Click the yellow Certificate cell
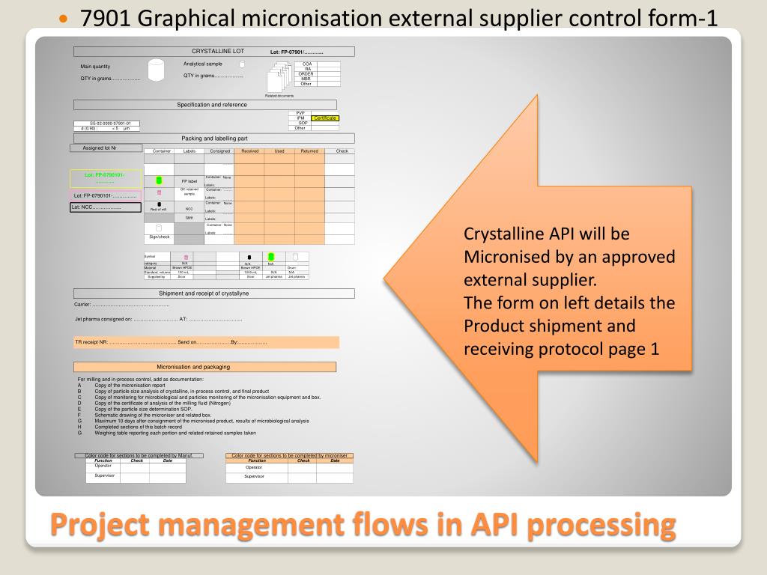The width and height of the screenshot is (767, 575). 325,118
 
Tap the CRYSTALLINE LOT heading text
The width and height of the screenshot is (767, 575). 217,52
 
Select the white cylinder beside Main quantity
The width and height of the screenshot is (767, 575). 156,70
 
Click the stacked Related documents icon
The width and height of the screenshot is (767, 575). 279,78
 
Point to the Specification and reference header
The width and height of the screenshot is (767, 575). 211,105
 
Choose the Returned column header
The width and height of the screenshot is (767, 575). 309,151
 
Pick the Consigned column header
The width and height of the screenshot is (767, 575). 219,151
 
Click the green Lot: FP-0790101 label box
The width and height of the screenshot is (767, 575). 105,178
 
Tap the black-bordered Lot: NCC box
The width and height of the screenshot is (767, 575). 106,207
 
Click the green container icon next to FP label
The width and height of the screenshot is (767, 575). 159,180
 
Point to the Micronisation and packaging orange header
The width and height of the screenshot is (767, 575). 204,367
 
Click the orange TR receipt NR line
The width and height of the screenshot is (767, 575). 206,342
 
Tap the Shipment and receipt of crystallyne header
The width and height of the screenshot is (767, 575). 213,293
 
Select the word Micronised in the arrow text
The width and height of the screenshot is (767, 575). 501,257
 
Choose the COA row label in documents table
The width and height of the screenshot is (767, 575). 306,64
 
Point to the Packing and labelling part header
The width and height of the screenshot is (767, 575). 213,139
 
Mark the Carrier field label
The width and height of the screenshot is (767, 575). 82,305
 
